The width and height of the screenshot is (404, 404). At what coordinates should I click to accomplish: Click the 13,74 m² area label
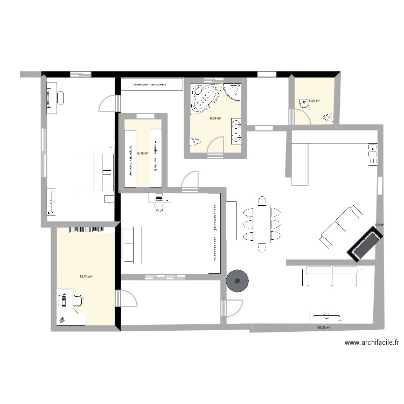[x=86, y=277]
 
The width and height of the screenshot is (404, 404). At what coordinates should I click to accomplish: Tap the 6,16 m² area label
[x=142, y=153]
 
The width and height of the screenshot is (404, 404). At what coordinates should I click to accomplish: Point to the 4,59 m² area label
[x=314, y=101]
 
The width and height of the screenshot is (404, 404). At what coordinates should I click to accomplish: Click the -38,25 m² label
[x=323, y=327]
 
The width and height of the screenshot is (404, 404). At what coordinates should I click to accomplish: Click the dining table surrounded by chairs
[x=262, y=225]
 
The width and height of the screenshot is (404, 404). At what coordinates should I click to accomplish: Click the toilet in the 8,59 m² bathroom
[x=194, y=142]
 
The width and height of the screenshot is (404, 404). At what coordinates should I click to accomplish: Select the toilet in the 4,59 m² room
[x=328, y=117]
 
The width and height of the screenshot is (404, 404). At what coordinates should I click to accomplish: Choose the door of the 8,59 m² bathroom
[x=215, y=147]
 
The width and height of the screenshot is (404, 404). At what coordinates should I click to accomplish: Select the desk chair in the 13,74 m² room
[x=78, y=301]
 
